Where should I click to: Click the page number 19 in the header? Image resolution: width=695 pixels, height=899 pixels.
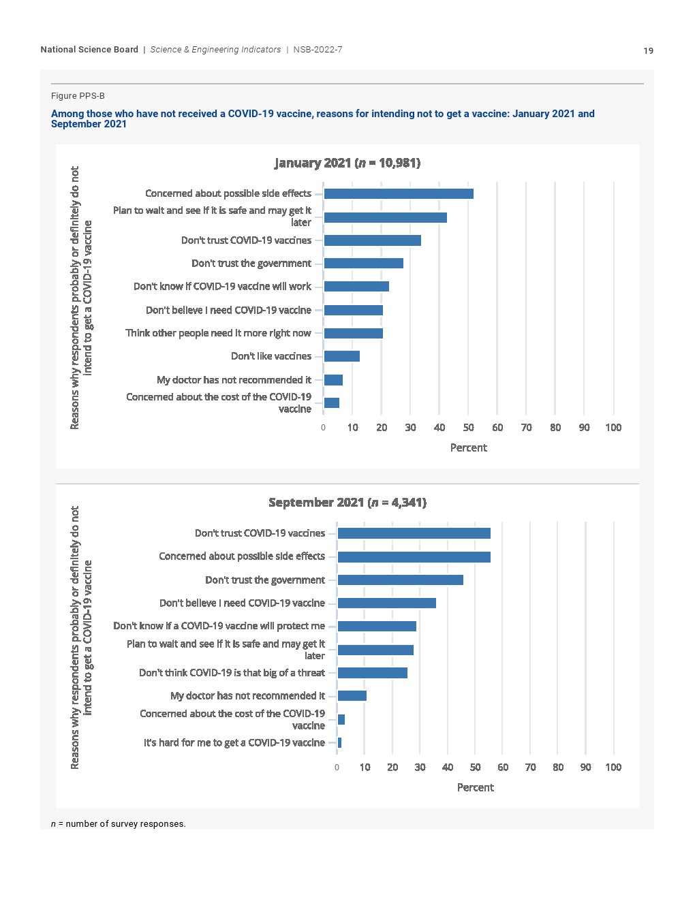click(648, 50)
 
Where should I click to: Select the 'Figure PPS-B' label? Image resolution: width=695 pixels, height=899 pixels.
click(78, 96)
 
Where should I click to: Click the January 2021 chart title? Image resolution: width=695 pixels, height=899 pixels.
click(347, 163)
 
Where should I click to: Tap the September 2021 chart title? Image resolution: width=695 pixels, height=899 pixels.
click(347, 503)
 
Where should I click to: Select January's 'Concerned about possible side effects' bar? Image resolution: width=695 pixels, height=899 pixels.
click(399, 194)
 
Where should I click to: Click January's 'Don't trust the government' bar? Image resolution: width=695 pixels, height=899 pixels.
click(364, 264)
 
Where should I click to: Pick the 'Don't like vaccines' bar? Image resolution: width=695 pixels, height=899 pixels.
click(342, 356)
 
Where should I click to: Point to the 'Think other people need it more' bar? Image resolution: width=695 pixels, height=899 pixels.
click(354, 334)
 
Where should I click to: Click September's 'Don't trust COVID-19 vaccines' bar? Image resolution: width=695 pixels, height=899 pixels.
click(414, 533)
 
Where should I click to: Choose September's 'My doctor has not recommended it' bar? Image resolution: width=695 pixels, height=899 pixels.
click(352, 696)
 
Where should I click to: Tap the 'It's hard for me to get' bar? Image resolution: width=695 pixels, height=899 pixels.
click(340, 743)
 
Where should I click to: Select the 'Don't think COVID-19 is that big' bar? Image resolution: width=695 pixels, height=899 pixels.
click(373, 673)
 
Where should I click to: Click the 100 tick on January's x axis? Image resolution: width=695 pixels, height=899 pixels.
click(613, 428)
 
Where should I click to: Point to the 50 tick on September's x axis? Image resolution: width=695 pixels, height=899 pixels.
click(476, 768)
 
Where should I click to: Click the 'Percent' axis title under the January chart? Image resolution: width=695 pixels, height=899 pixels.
click(469, 447)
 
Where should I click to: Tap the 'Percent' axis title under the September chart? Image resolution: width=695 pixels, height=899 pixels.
click(476, 787)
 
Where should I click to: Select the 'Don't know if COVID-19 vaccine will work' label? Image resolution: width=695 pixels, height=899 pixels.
click(222, 287)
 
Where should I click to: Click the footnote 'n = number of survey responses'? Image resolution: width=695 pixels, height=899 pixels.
click(119, 824)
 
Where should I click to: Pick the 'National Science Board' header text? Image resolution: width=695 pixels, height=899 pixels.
click(89, 50)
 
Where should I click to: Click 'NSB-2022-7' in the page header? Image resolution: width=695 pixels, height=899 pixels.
click(318, 50)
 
